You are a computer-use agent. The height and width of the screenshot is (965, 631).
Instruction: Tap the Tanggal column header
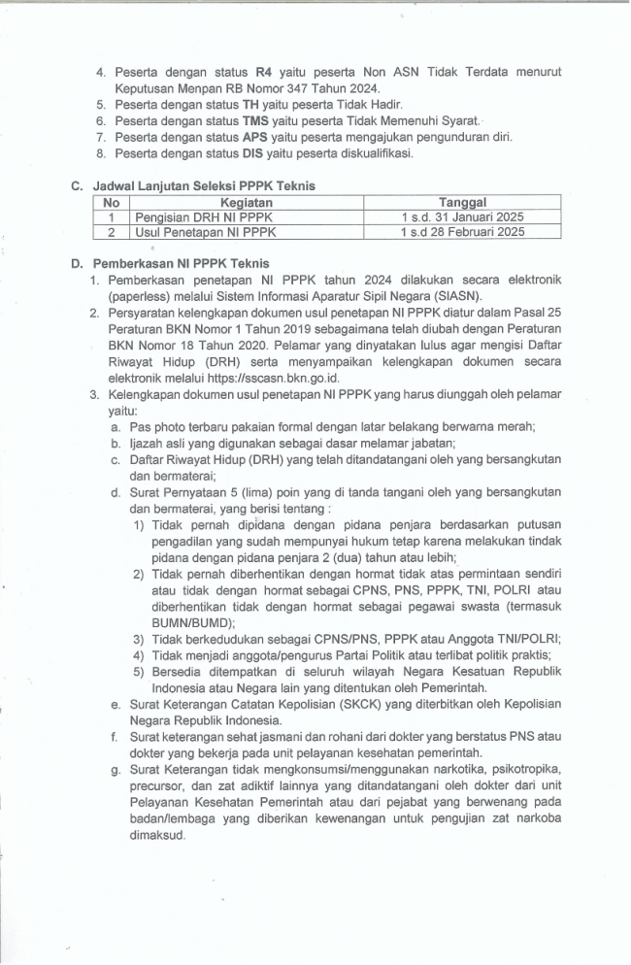[462, 202]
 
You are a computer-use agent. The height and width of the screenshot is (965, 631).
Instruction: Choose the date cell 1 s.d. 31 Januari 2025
[462, 217]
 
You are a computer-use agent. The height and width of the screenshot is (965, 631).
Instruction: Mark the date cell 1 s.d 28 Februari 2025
[462, 233]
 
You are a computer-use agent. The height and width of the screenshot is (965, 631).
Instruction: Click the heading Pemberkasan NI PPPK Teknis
[182, 263]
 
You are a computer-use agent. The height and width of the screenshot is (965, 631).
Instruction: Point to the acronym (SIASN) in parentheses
[455, 296]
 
